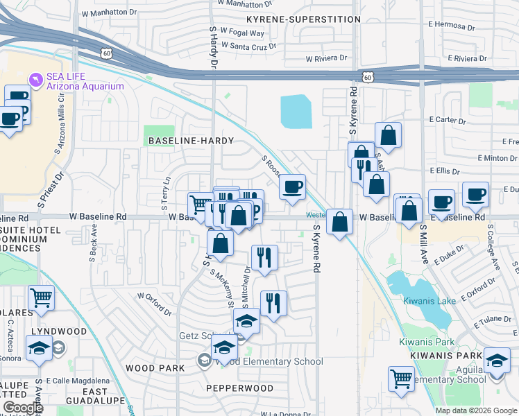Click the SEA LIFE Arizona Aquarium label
point(85,81)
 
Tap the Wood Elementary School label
point(270,361)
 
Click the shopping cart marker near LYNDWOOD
point(41,298)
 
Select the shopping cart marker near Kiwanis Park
point(402,379)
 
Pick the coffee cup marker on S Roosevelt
point(293,187)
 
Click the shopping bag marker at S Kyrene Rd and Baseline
point(340,223)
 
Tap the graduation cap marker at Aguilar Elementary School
point(497,361)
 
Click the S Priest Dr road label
point(50,191)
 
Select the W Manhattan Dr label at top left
point(105,12)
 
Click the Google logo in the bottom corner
point(22,408)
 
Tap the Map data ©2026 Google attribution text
point(476,410)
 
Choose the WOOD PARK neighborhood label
point(155,367)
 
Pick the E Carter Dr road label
point(448,120)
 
